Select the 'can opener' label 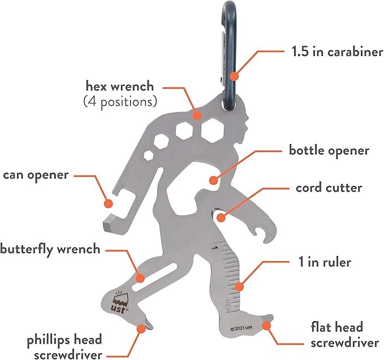point(36,175)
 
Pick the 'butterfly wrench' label point(50,248)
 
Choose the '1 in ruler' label point(325,262)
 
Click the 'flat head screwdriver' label point(344,334)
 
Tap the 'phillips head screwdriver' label point(64,346)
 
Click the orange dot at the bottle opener point(213,181)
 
